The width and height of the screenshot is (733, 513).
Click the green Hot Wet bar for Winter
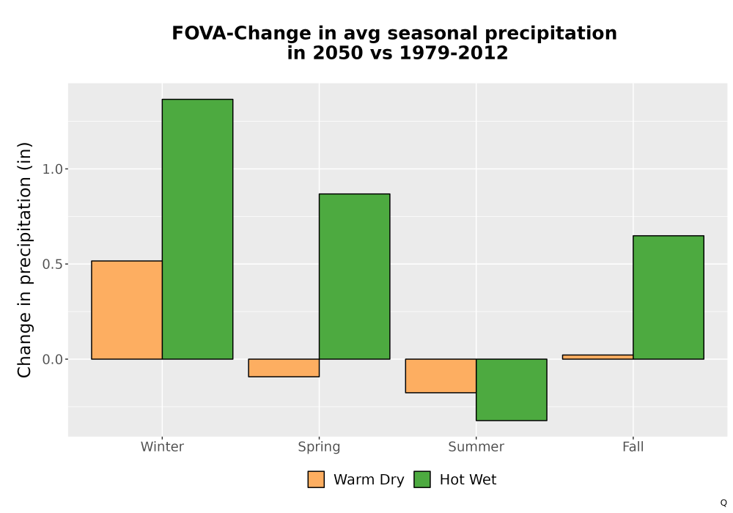pos(197,229)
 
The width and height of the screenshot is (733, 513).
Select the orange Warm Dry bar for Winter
pos(127,310)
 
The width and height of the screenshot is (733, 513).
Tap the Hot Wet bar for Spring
pos(354,276)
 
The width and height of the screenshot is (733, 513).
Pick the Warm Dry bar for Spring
pos(284,368)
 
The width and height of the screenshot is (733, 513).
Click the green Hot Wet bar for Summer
pos(512,390)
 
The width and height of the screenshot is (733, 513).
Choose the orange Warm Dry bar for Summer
pos(441,376)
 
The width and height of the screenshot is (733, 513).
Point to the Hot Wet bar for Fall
pos(668,297)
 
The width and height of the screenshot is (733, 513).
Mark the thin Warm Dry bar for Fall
pos(598,357)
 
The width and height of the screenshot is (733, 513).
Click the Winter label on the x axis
pos(162,446)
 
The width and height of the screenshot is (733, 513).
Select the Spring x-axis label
pos(320,447)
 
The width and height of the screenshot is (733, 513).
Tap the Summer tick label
pos(476,446)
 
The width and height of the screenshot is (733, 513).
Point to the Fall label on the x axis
pos(633,446)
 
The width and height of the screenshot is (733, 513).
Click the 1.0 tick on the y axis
pos(52,169)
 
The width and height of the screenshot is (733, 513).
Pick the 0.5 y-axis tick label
pos(52,265)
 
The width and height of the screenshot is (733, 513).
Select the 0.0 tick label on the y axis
pos(52,359)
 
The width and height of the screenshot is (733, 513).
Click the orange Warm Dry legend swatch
pos(316,479)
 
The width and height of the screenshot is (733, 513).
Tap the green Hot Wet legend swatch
pos(422,479)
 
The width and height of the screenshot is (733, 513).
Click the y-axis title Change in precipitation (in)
pos(24,259)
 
